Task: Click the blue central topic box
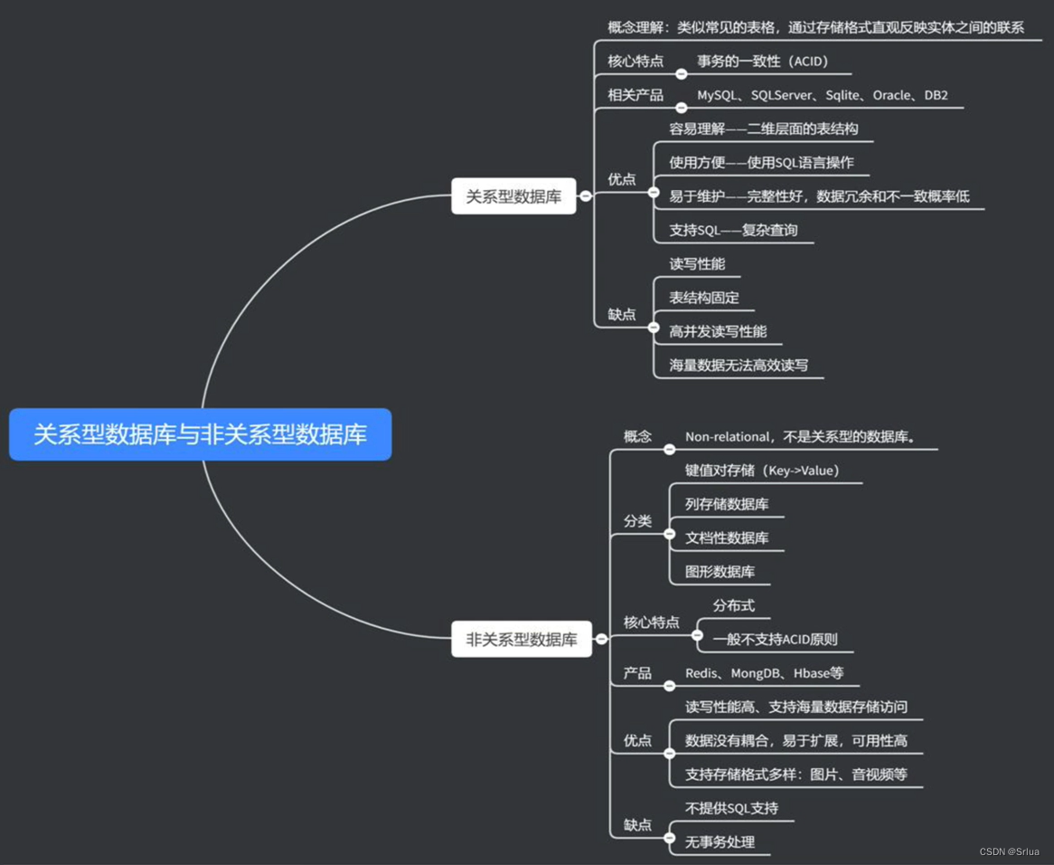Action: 200,434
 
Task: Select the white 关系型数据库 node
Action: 513,196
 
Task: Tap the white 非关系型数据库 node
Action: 522,640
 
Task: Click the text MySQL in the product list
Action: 716,95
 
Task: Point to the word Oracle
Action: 891,95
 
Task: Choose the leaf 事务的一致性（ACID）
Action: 763,62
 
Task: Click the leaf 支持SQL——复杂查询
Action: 733,230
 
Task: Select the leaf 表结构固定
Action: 704,298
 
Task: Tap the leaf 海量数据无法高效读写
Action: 739,366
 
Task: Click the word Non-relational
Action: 726,437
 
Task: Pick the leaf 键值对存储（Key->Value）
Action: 762,471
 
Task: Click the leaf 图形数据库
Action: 720,572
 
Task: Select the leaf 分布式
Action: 733,605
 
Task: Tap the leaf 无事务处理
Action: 720,842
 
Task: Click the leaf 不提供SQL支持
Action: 731,808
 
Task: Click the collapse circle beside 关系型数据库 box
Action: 586,195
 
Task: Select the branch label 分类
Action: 637,521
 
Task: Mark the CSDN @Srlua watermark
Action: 1009,851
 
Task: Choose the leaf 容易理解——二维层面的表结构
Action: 763,129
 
